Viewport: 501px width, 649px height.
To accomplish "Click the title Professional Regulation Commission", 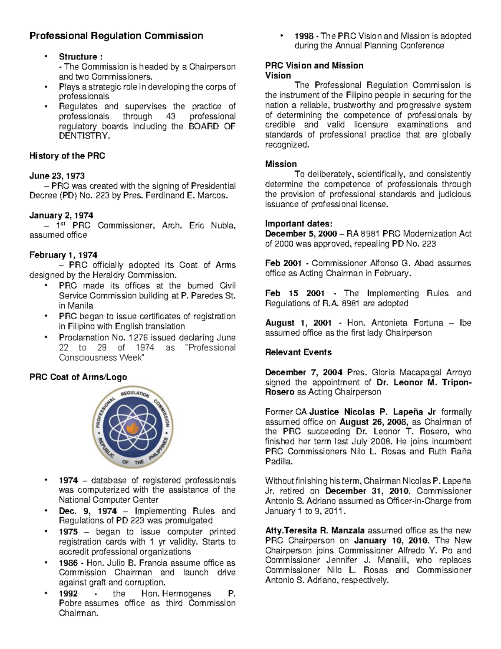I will [116, 36].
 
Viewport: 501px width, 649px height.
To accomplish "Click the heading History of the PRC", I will [67, 156].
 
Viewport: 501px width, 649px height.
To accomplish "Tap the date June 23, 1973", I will [57, 176].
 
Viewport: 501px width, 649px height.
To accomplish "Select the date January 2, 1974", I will [61, 215].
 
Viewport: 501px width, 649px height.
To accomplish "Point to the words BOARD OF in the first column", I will [212, 126].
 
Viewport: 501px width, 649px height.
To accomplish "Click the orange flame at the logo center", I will [133, 427].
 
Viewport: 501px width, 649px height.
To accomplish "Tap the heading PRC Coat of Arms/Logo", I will [78, 377].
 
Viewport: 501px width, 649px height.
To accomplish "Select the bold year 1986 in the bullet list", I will [68, 563].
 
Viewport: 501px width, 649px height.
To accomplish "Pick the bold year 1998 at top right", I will [304, 36].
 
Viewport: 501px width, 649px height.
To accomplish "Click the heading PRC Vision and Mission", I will [314, 66].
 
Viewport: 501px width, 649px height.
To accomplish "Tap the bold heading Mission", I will [281, 164].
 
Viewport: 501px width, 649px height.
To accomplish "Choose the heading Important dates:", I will [299, 224].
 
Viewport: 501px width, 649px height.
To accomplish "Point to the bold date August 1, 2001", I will [298, 323].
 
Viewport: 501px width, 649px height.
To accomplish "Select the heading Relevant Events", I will [298, 352].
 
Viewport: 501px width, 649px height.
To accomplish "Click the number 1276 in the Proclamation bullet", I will [136, 337].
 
